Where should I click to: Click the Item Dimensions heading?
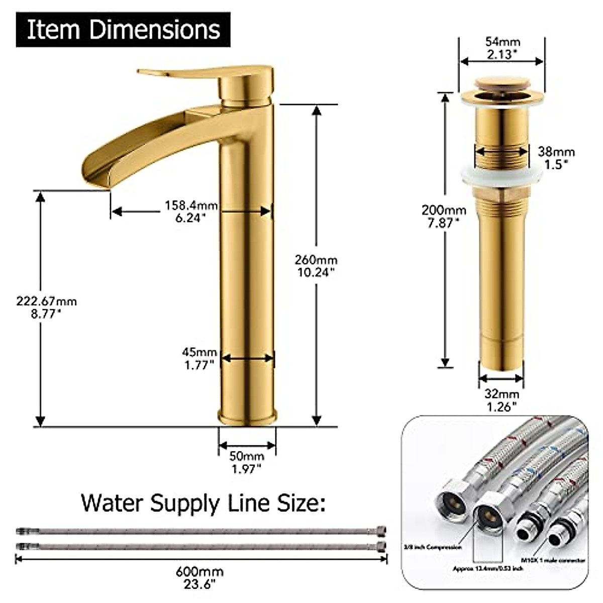point(123,30)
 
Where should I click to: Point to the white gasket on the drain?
point(502,176)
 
